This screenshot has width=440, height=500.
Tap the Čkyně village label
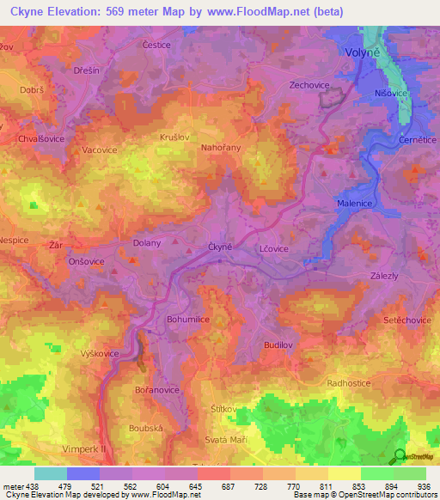[221, 247]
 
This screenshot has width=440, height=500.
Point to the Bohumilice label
[187, 319]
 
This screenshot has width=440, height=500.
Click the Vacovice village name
[100, 149]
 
